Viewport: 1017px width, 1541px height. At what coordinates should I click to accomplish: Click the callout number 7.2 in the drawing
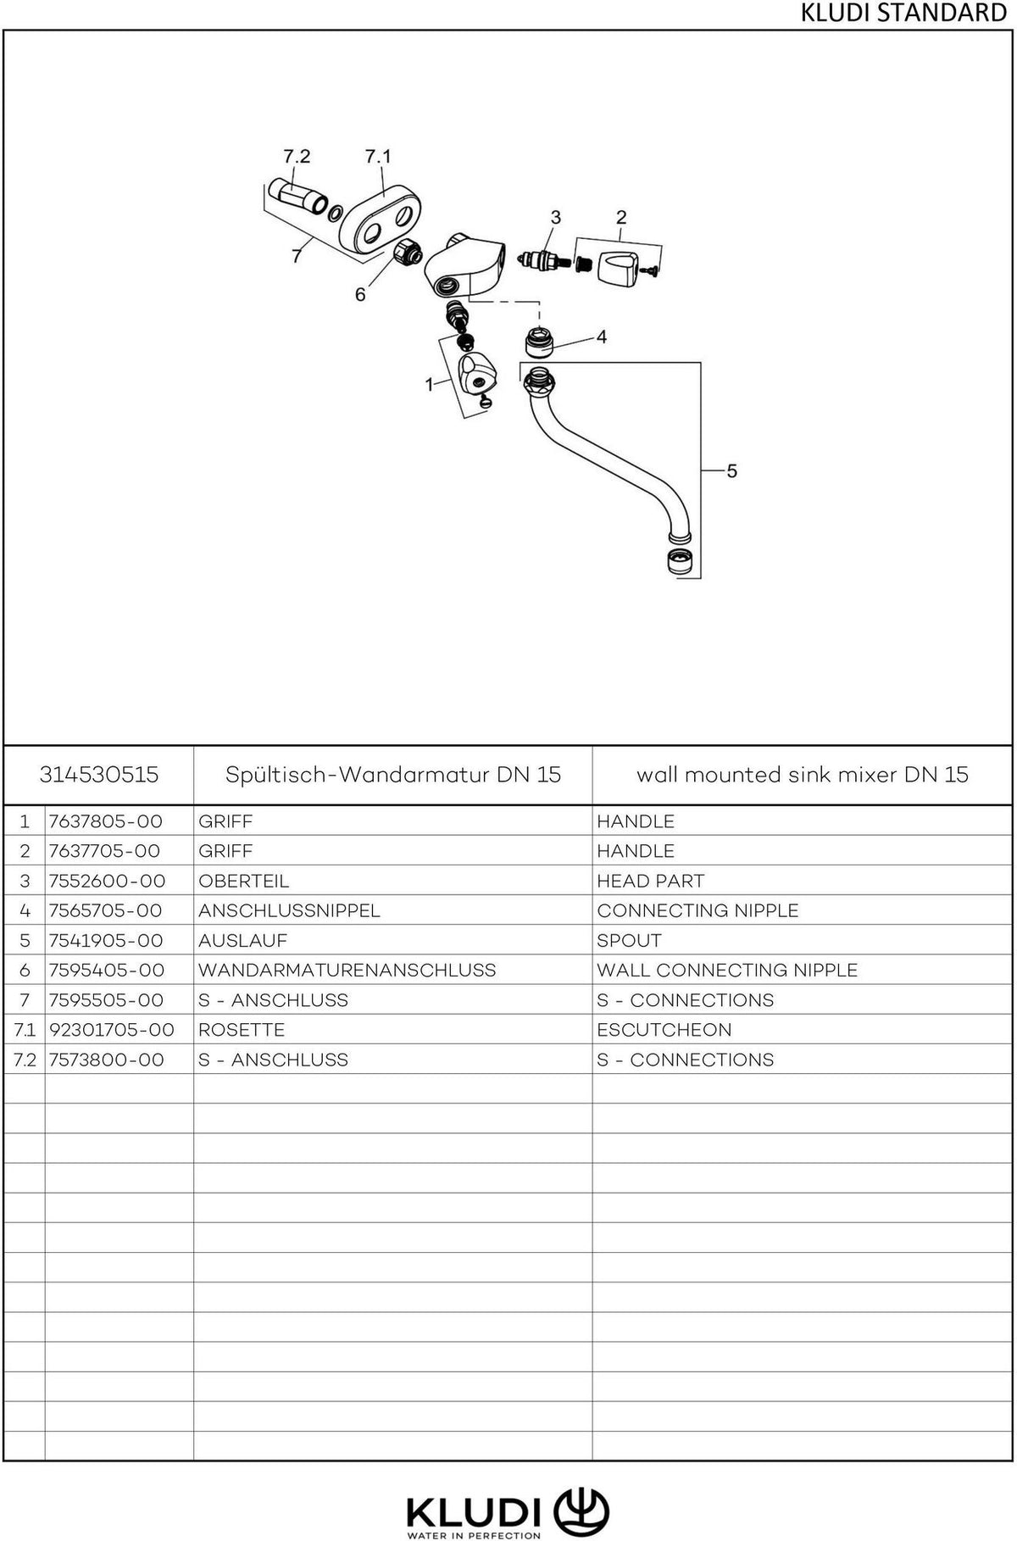coord(296,157)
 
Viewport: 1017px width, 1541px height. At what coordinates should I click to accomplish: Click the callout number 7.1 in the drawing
coord(378,157)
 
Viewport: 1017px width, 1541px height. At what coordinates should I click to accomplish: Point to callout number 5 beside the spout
coord(732,470)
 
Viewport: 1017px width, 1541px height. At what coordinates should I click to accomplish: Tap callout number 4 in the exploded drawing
coord(602,337)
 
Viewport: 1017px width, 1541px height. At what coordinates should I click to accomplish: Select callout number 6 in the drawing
coord(360,294)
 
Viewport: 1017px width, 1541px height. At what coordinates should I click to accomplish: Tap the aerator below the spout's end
coord(677,562)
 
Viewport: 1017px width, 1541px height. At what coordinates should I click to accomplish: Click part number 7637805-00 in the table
coord(105,821)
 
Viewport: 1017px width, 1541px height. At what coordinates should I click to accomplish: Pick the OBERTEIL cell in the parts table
coord(243,881)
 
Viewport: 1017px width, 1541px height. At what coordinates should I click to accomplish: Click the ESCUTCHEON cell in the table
coord(664,1030)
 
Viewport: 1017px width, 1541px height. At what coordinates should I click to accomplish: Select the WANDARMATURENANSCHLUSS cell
coord(347,970)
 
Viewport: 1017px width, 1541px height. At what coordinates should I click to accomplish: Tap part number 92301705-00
coord(112,1030)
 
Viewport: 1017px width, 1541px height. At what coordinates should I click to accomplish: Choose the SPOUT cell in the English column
coord(629,940)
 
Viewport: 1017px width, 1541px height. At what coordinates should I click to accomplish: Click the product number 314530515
coord(99,775)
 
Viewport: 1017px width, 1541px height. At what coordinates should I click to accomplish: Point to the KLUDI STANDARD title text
coord(903,14)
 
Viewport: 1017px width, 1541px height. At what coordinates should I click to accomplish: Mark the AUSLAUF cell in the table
coord(242,940)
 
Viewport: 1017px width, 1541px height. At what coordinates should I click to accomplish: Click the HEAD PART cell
coord(650,881)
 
